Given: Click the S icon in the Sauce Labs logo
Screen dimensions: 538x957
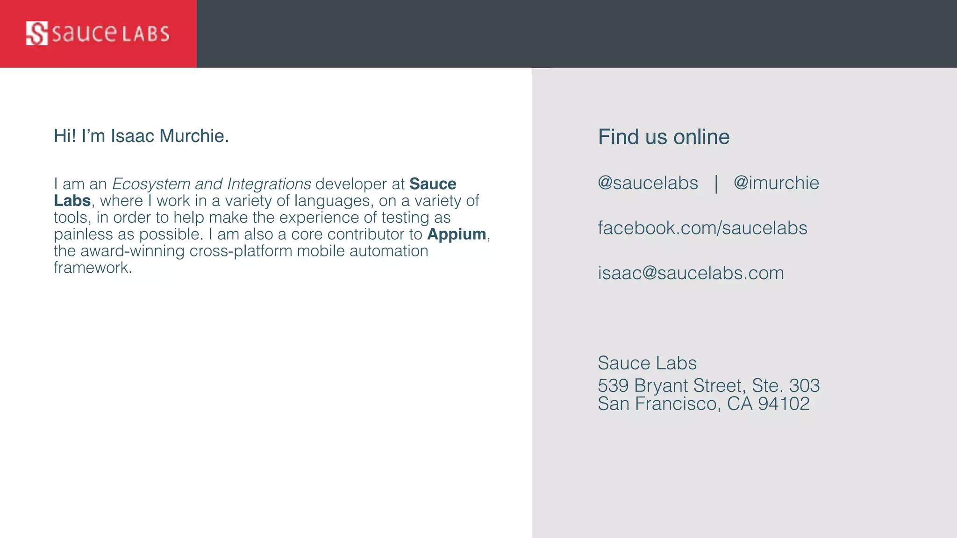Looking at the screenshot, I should coord(37,33).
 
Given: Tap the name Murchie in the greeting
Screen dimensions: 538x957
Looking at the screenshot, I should coord(194,136).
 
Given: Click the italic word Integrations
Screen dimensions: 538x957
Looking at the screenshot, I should coord(269,184).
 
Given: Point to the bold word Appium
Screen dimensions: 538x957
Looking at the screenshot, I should coord(456,234).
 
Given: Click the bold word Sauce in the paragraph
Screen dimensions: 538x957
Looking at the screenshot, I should coord(433,184).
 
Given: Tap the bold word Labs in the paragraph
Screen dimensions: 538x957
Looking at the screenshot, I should coord(72,201).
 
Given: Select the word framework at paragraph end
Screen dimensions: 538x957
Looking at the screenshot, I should coord(92,268).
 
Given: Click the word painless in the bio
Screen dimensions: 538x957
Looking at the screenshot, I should coord(83,234).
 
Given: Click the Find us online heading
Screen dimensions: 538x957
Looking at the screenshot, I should coord(664,137).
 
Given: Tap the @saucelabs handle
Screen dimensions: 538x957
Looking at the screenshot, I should coord(648,183).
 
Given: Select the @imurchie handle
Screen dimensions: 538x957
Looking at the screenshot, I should coord(776,183).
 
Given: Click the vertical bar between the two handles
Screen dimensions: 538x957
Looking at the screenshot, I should coord(716,184).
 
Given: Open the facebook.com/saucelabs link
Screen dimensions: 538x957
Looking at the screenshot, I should coord(702,228).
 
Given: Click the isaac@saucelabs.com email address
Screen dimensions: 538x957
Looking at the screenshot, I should coord(691,273).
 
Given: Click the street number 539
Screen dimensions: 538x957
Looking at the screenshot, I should coord(613,386).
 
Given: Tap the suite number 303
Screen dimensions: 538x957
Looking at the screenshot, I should coord(804,386).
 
